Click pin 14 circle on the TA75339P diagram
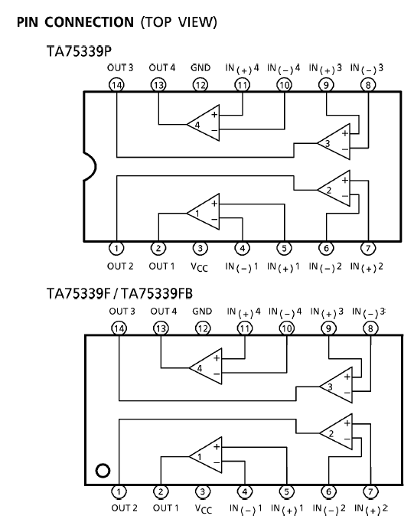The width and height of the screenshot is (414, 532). tap(116, 85)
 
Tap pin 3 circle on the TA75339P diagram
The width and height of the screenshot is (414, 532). tap(200, 248)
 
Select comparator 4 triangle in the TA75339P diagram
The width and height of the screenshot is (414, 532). tap(203, 122)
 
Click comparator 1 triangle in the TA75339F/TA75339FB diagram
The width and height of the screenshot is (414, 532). tap(206, 455)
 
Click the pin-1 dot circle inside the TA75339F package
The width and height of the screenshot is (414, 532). tap(103, 471)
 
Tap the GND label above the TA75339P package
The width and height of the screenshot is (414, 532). tap(200, 68)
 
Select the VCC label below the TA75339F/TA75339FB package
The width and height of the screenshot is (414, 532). tap(204, 509)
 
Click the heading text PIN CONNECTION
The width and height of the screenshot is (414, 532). tap(75, 22)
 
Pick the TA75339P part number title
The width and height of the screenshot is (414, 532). tap(79, 51)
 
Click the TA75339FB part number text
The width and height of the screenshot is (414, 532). tap(157, 293)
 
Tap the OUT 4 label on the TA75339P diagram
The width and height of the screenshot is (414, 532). tap(162, 68)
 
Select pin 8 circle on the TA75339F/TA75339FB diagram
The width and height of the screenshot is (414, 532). tap(370, 328)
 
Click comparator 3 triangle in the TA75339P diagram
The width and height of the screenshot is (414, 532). tap(334, 142)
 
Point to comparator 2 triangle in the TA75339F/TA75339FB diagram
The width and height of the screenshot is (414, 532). tap(336, 432)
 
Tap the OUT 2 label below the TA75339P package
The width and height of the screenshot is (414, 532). tap(120, 266)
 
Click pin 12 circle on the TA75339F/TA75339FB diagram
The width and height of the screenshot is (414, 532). tap(203, 328)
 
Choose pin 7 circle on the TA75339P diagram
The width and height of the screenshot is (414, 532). tap(368, 248)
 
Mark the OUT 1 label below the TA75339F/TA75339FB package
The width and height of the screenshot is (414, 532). tap(165, 508)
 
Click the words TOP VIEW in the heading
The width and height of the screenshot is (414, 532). tap(179, 22)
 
